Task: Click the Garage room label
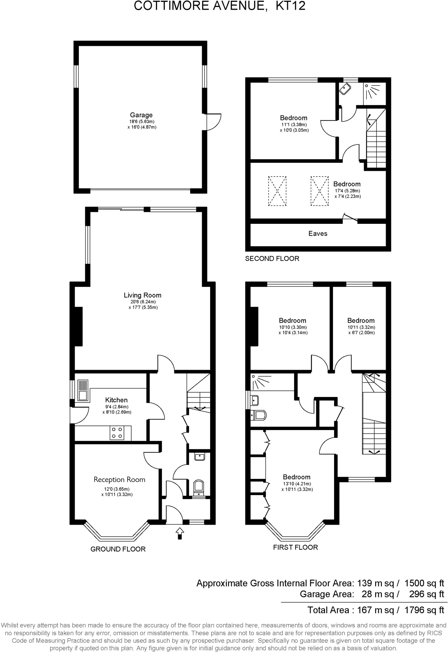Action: (141, 115)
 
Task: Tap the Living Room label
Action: (142, 295)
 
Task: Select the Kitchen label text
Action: (116, 400)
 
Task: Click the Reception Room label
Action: (119, 480)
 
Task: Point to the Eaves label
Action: (318, 233)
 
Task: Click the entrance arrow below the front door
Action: (180, 534)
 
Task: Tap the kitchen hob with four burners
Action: (117, 433)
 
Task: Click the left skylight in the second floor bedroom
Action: (277, 191)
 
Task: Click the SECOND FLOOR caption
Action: (272, 258)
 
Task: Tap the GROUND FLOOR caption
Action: (118, 549)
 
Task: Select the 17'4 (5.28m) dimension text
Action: (347, 191)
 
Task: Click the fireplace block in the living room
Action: (79, 326)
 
